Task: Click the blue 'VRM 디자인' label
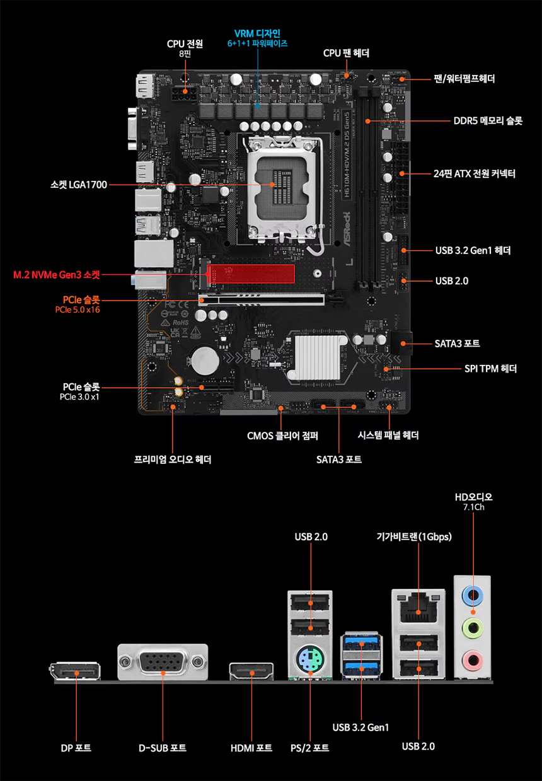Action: pyautogui.click(x=257, y=33)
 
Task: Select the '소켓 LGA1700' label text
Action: pyautogui.click(x=79, y=185)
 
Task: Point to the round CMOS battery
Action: pyautogui.click(x=205, y=361)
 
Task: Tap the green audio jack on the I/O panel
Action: pyautogui.click(x=473, y=627)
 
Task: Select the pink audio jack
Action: pyautogui.click(x=473, y=661)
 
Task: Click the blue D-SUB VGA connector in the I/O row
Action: pyautogui.click(x=163, y=662)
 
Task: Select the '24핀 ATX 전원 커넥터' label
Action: pyautogui.click(x=475, y=173)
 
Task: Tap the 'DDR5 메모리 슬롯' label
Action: pyautogui.click(x=488, y=120)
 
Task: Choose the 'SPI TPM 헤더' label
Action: pyautogui.click(x=490, y=369)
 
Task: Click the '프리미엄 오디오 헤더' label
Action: pyautogui.click(x=173, y=460)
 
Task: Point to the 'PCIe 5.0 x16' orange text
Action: pyautogui.click(x=77, y=310)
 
